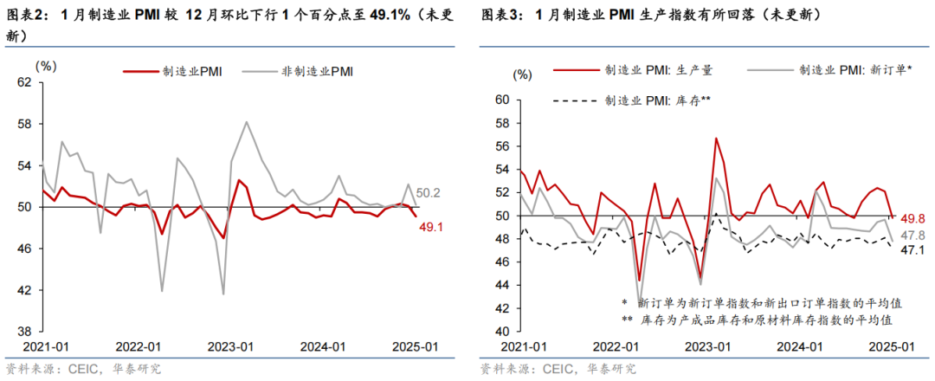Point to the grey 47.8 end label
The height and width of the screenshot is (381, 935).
pyautogui.click(x=913, y=236)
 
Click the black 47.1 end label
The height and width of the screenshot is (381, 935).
pyautogui.click(x=913, y=250)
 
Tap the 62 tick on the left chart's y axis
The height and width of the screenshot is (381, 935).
pyautogui.click(x=24, y=82)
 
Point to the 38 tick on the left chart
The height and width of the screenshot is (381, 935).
pyautogui.click(x=24, y=332)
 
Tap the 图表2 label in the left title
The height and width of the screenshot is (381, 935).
pyautogui.click(x=28, y=15)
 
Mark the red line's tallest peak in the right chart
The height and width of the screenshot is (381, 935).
pyautogui.click(x=716, y=138)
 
